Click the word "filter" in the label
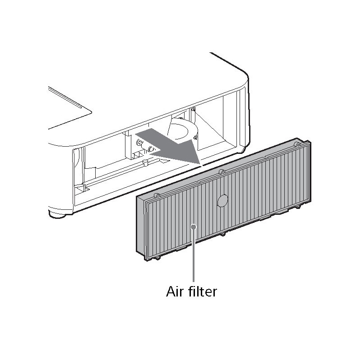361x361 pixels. [x=202, y=291]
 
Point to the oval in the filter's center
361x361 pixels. [x=222, y=200]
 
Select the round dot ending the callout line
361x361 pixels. [x=194, y=227]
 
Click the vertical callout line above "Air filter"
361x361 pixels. [x=194, y=255]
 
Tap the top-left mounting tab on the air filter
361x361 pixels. [x=157, y=195]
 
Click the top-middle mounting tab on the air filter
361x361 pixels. [x=222, y=171]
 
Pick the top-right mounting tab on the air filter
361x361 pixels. [x=298, y=144]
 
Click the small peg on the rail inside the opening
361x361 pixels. [x=145, y=162]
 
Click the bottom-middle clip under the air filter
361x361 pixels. [x=222, y=234]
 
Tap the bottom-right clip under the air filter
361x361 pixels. [x=298, y=207]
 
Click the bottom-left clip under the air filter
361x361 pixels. [x=157, y=258]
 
